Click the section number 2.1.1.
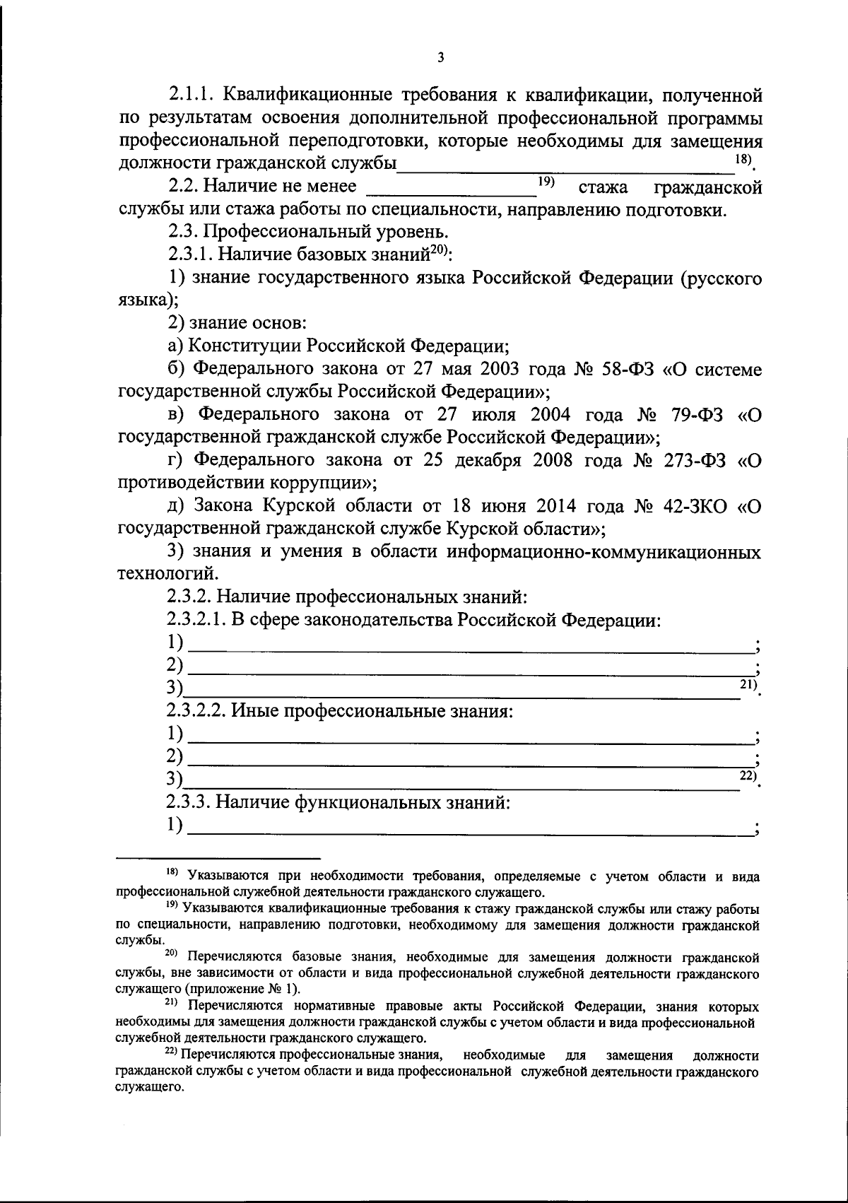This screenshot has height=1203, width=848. [x=195, y=94]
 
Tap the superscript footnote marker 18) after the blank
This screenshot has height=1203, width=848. [x=742, y=160]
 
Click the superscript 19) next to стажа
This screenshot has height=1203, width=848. [x=545, y=182]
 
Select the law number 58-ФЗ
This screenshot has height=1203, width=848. [x=623, y=369]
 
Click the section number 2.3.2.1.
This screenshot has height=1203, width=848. [x=196, y=621]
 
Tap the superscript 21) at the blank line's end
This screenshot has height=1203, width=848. [x=748, y=683]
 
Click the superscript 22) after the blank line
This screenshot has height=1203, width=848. [x=748, y=775]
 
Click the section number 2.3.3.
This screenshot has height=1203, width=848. [x=189, y=803]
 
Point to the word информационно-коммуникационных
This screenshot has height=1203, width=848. [x=603, y=552]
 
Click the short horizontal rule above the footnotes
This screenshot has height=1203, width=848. [x=218, y=857]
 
